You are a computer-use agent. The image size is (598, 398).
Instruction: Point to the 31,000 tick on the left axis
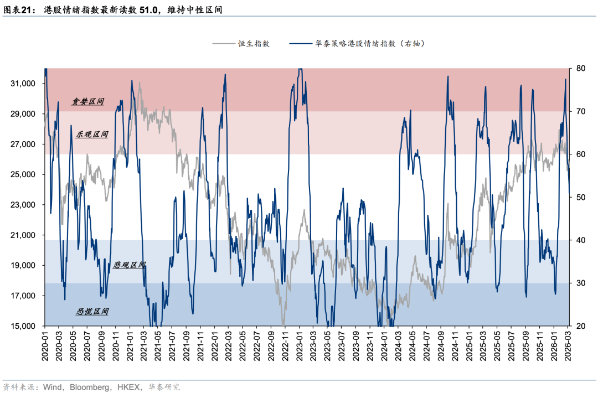pyautogui.click(x=24, y=84)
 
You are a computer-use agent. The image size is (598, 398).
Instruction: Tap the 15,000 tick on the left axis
pyautogui.click(x=24, y=326)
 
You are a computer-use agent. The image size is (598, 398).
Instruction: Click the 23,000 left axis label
pyautogui.click(x=24, y=205)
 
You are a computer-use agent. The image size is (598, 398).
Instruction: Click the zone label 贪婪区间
pyautogui.click(x=88, y=102)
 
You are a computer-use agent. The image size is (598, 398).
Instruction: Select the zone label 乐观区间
pyautogui.click(x=92, y=135)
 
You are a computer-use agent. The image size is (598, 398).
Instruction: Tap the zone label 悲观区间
pyautogui.click(x=129, y=265)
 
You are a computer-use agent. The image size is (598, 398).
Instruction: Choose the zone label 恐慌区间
pyautogui.click(x=92, y=312)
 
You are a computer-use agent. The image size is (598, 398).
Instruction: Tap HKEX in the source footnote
pyautogui.click(x=129, y=387)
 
